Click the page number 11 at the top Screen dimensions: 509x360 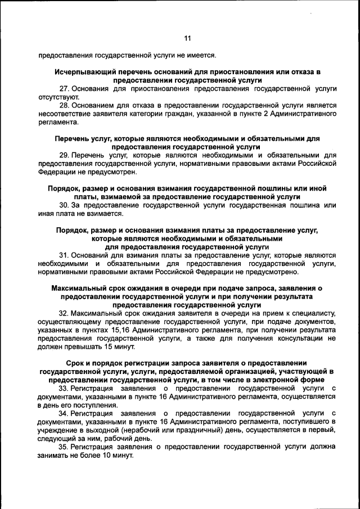(188, 38)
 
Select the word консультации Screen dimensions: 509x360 (294, 339)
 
